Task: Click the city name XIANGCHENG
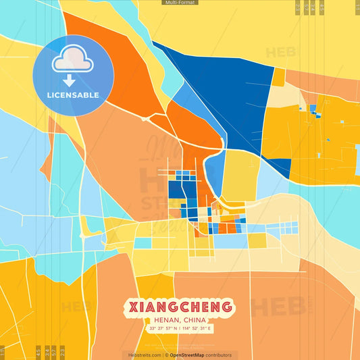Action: point(180,307)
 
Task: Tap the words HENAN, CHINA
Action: point(180,320)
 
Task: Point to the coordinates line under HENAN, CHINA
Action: point(180,329)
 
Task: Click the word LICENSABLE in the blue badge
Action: point(73,95)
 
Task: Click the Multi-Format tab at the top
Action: point(180,3)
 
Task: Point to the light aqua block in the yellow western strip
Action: point(143,242)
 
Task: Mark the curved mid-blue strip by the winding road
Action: point(215,169)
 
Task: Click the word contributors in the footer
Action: point(220,355)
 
